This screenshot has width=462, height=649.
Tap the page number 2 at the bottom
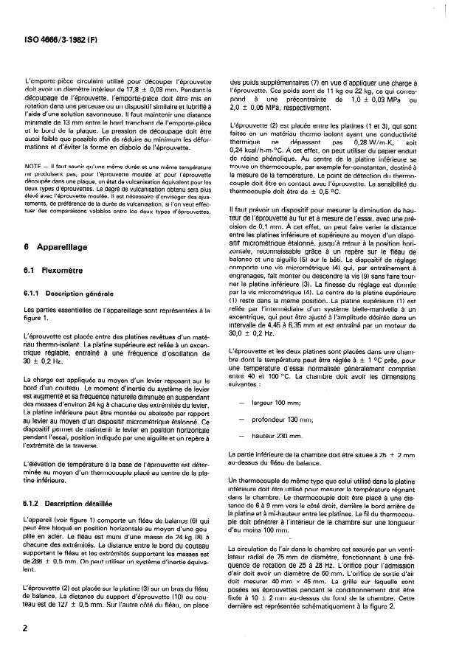27,626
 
